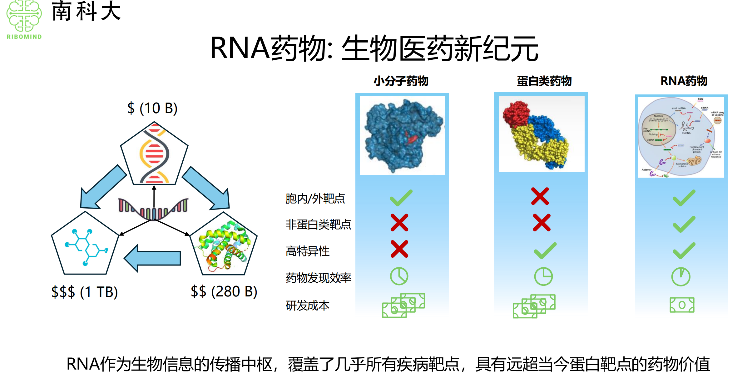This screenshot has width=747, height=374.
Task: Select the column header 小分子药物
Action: coord(401,81)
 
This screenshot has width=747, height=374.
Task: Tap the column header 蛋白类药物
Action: coord(544,81)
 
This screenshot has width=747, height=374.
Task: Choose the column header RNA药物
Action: coord(684,81)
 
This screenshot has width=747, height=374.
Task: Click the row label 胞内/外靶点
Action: coord(315,199)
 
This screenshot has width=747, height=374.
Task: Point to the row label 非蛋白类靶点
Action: coord(318,225)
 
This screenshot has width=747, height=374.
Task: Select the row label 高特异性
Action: coord(308,251)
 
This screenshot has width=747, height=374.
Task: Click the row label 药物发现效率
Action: coord(318,278)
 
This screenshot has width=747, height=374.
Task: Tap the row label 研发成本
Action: coord(308,306)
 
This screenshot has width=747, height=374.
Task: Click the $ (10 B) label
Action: coord(152,108)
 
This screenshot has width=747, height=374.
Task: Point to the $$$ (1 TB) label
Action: coord(84,292)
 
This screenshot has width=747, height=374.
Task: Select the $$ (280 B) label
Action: coord(224,291)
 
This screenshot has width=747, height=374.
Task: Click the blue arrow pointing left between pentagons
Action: coord(153,258)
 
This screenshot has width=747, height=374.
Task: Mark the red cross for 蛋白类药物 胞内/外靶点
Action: coord(540,196)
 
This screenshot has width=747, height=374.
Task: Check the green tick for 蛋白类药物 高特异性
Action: coord(545,250)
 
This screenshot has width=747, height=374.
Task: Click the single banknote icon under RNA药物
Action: coord(682,305)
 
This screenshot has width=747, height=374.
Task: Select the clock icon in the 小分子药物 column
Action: coord(399,276)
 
